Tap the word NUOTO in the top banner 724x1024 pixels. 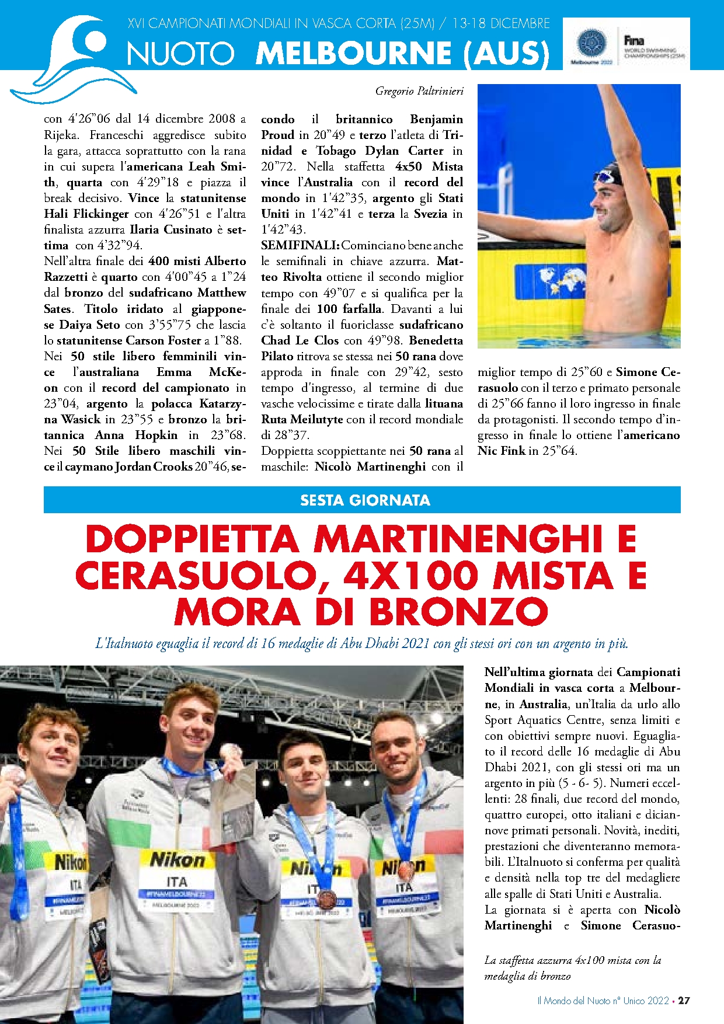pyautogui.click(x=180, y=54)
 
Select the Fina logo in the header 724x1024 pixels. pyautogui.click(x=634, y=41)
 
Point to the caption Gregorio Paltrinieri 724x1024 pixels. pyautogui.click(x=419, y=91)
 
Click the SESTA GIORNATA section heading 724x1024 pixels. pyautogui.click(x=365, y=500)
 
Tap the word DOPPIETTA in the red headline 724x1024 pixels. pyautogui.click(x=192, y=540)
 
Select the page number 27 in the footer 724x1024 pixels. pyautogui.click(x=684, y=1000)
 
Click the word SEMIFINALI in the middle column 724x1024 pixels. pyautogui.click(x=300, y=245)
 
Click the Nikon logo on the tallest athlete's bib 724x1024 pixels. pyautogui.click(x=177, y=860)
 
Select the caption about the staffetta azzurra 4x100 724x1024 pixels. pyautogui.click(x=572, y=967)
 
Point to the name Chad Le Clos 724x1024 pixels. pyautogui.click(x=300, y=340)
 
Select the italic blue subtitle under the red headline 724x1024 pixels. pyautogui.click(x=362, y=644)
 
